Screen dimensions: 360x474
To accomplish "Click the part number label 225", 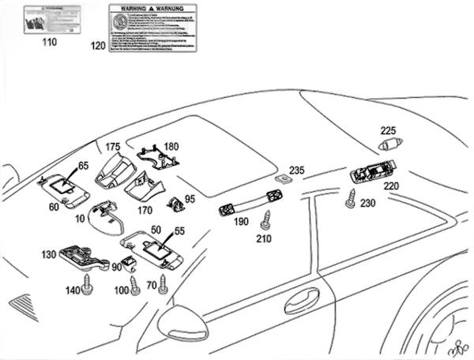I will [x=388, y=130].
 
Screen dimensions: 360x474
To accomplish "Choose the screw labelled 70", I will [x=164, y=282].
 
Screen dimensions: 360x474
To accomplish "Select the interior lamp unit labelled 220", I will [x=374, y=173].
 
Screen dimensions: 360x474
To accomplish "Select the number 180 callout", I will [x=171, y=146].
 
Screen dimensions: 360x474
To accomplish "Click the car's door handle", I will [x=301, y=300].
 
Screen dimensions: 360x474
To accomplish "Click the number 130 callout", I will [x=48, y=254].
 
